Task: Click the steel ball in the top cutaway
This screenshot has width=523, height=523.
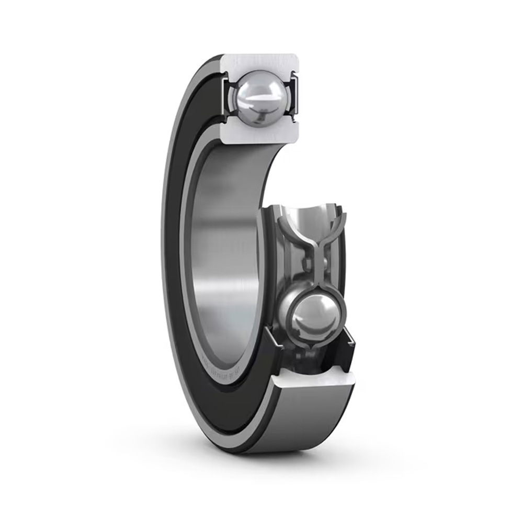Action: click(256, 94)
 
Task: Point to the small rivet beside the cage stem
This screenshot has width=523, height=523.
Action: click(325, 261)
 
